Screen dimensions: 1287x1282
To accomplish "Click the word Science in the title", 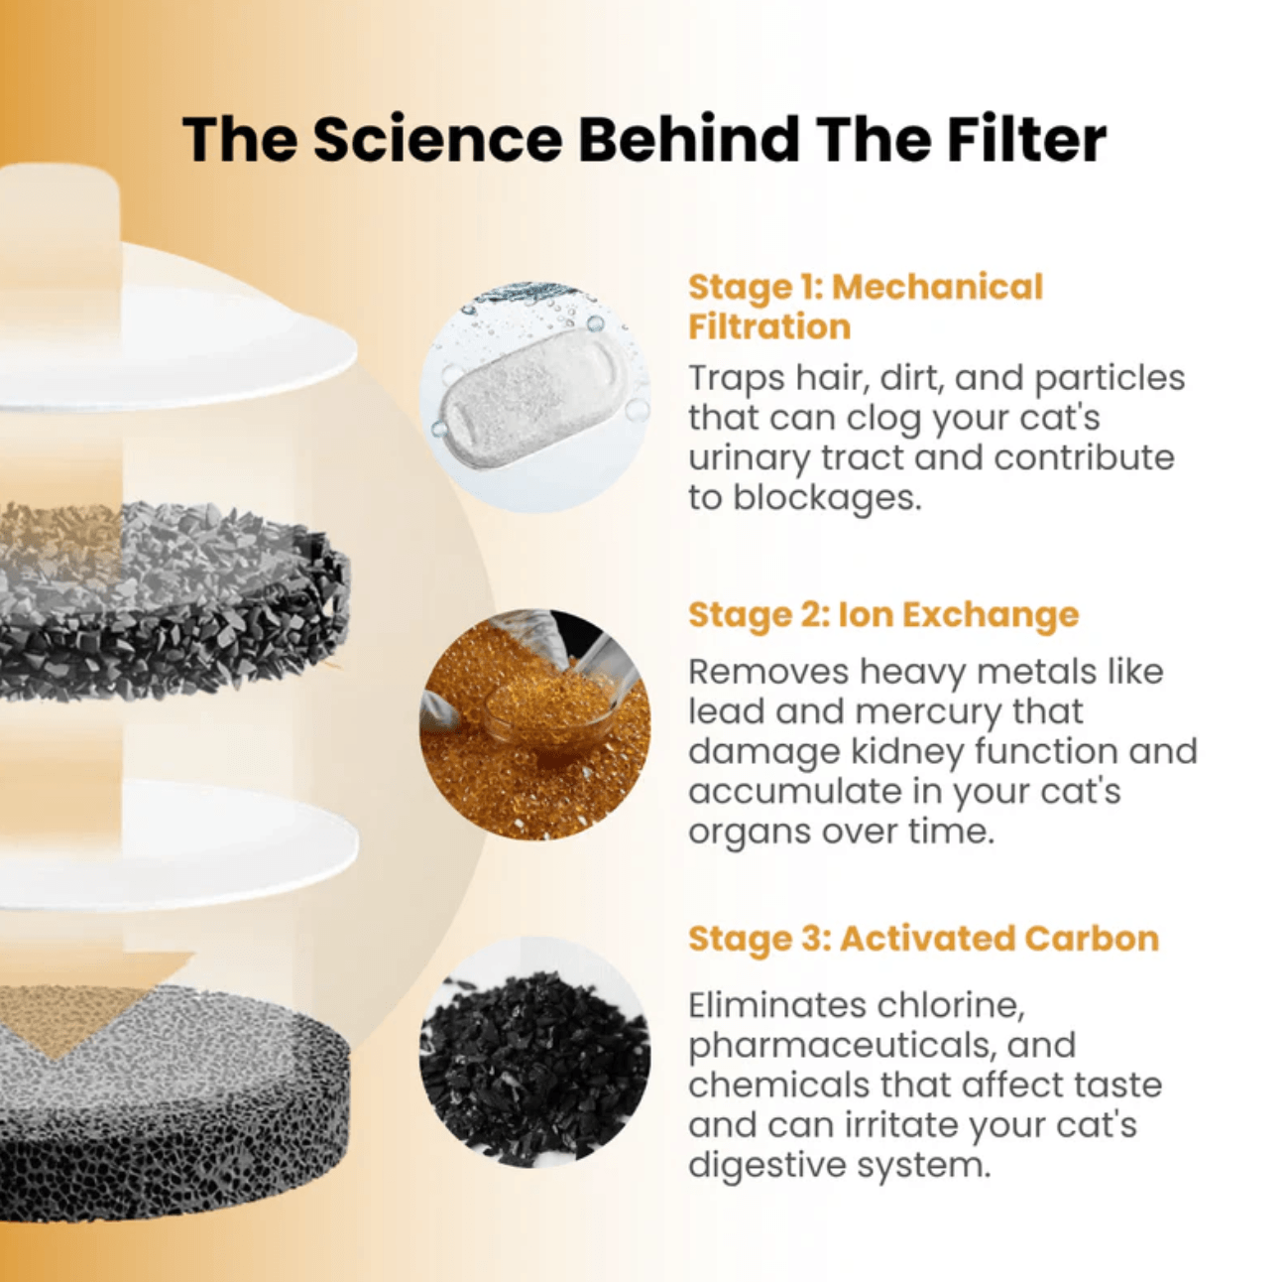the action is point(438,139).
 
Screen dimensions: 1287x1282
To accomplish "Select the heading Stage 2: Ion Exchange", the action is point(882,615).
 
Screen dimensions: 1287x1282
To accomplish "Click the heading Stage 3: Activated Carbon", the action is point(924,938).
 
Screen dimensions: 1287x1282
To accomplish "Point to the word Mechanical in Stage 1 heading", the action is point(937,287).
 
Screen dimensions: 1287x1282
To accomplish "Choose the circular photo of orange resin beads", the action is point(534,724).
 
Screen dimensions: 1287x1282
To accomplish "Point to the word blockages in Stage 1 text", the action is point(827,498).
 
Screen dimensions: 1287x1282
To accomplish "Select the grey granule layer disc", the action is point(174,601).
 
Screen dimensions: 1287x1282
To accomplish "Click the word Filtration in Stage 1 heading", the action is point(769,327).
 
